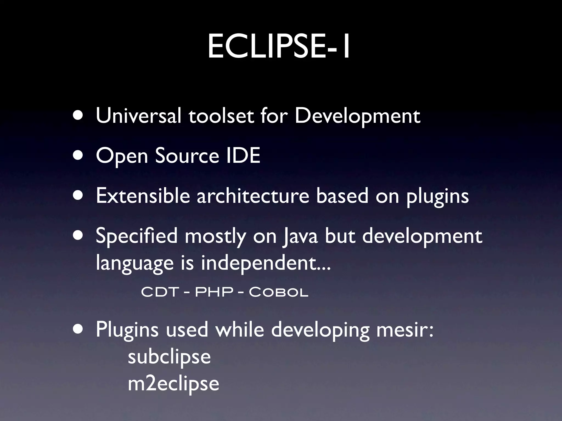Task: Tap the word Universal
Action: [x=138, y=116]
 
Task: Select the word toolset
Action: [x=221, y=116]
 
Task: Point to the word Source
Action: [x=187, y=156]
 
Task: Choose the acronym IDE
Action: [x=243, y=155]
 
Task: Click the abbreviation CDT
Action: [x=160, y=292]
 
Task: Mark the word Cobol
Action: [x=279, y=292]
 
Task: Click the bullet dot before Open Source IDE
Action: [x=78, y=156]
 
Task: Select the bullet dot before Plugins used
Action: [x=78, y=329]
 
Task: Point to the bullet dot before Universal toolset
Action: [x=78, y=116]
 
